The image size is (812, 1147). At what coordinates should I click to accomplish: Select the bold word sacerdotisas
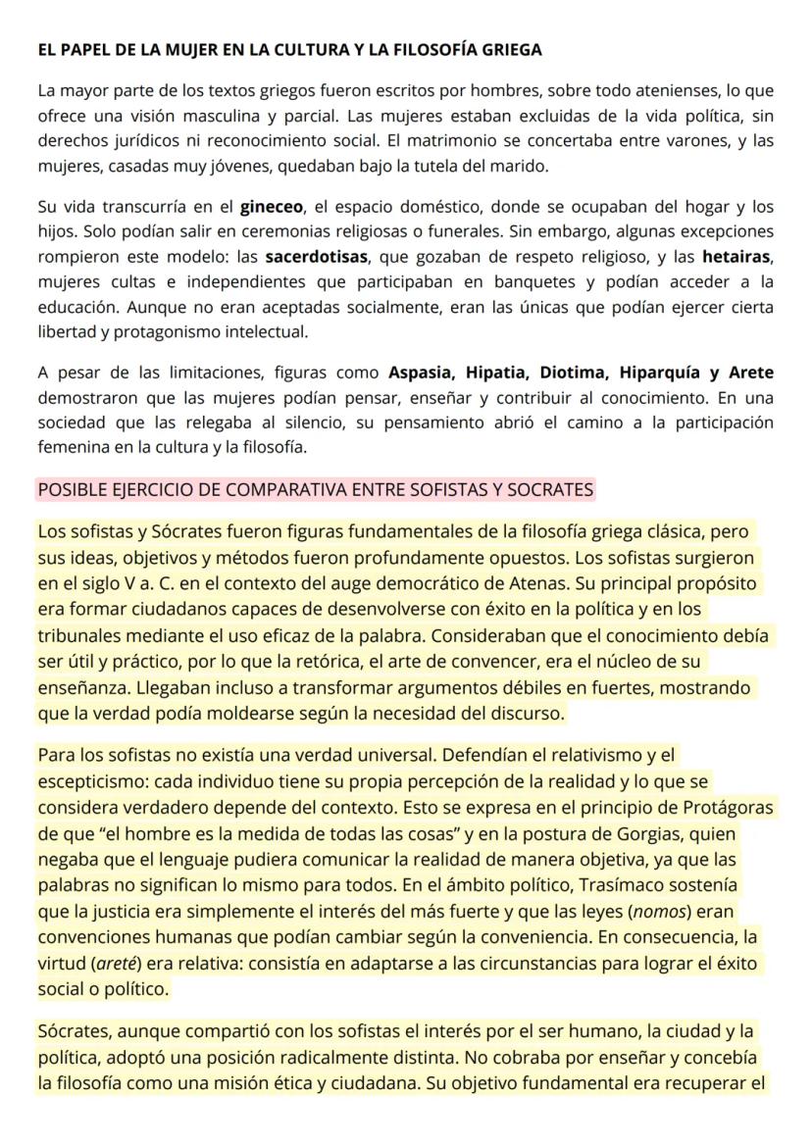(317, 258)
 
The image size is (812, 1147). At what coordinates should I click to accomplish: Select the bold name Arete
(750, 373)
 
